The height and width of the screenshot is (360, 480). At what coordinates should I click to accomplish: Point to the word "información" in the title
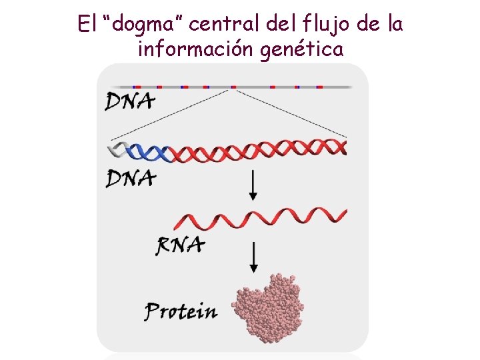(193, 49)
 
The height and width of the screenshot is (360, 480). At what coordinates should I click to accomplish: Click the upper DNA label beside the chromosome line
(130, 101)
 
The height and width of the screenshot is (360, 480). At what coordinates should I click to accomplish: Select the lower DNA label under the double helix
(131, 178)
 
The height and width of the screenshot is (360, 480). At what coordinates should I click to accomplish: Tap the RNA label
(180, 246)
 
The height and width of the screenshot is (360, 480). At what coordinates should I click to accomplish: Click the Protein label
(181, 311)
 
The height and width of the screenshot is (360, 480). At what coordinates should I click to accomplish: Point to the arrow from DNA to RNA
(253, 185)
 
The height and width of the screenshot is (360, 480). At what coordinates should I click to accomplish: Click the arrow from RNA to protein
(253, 257)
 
